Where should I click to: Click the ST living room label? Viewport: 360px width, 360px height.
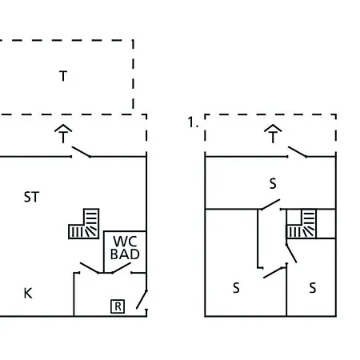click(x=31, y=197)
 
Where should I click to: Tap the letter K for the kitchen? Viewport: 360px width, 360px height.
click(x=28, y=293)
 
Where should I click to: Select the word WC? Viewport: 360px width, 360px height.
click(x=125, y=242)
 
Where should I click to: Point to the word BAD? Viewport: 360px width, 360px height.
click(x=125, y=254)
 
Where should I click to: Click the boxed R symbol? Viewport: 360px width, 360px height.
click(x=118, y=306)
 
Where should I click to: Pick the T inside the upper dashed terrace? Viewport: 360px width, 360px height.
click(x=63, y=76)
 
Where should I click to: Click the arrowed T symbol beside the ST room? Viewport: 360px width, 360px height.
click(x=63, y=134)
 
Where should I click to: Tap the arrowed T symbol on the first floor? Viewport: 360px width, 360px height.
click(x=273, y=134)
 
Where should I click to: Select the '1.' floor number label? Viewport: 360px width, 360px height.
click(x=193, y=122)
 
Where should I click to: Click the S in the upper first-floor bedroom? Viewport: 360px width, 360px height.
click(x=273, y=184)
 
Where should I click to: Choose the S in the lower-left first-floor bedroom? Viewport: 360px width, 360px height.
click(x=236, y=288)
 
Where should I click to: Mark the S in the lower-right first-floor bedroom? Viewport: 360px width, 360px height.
click(x=313, y=288)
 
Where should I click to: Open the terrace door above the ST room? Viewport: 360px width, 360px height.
click(x=81, y=152)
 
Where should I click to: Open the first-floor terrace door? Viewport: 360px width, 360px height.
click(x=298, y=152)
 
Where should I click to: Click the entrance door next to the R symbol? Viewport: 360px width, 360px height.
click(x=142, y=299)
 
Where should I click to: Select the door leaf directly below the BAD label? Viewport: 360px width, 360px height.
click(x=122, y=268)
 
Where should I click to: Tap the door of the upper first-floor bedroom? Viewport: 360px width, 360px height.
click(x=270, y=205)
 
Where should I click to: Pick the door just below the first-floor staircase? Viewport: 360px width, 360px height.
click(x=291, y=253)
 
